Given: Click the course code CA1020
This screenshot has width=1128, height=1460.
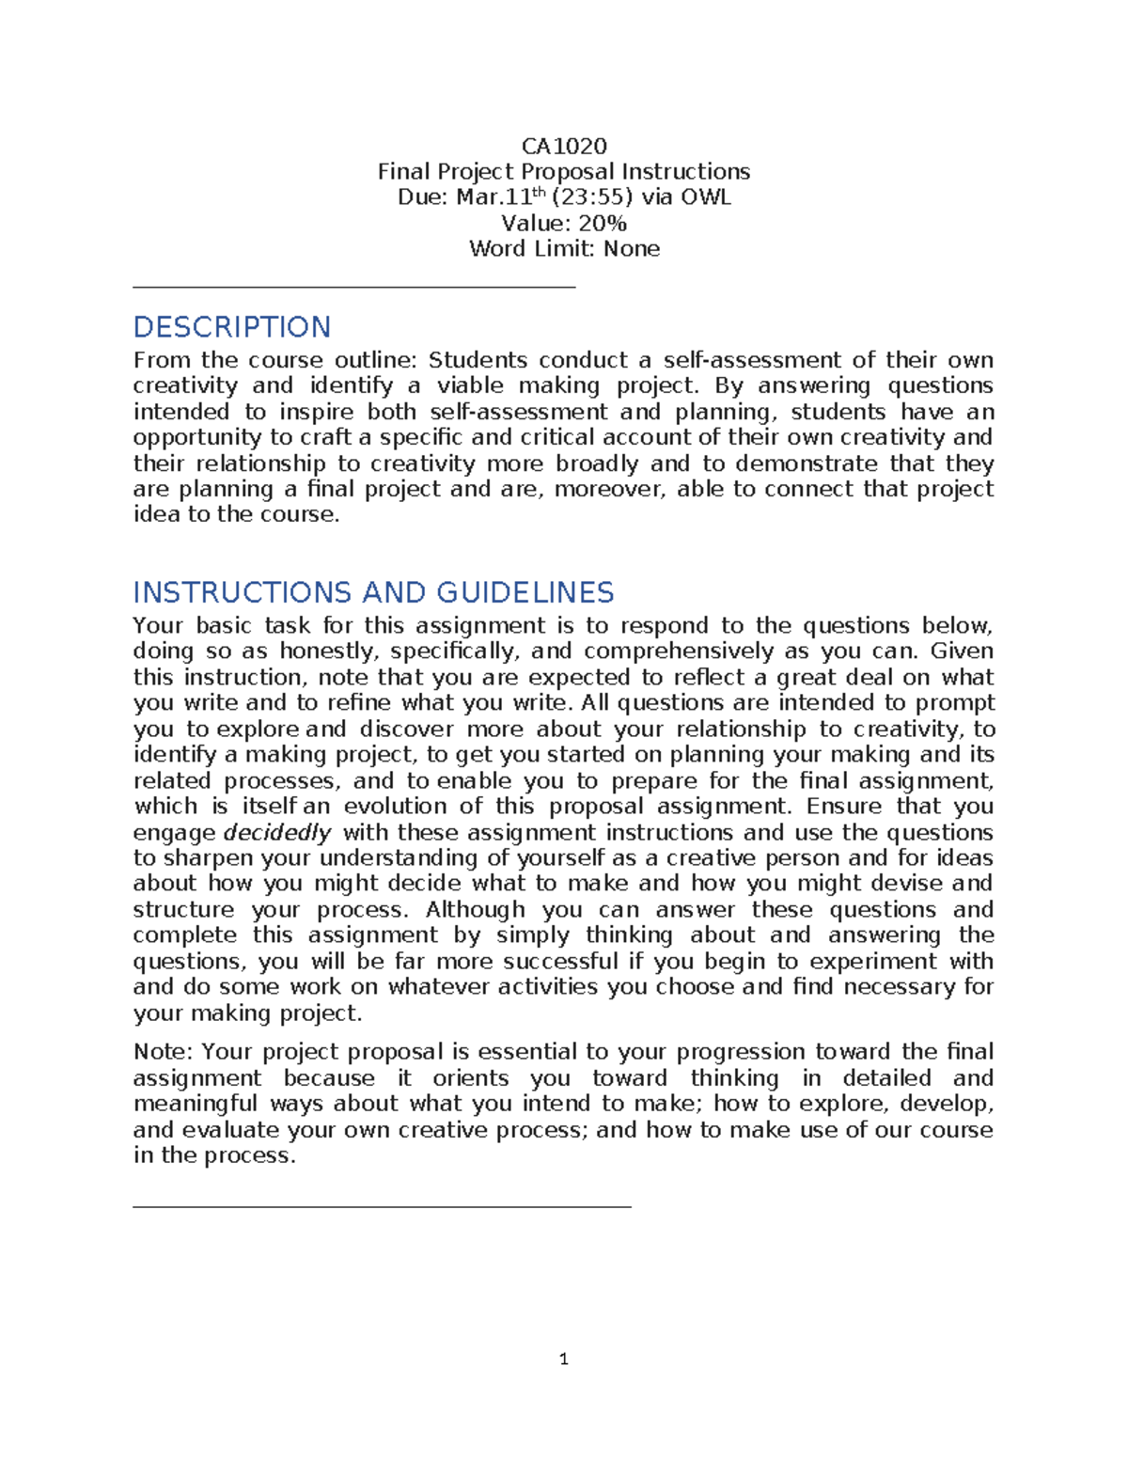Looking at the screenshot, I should click(x=564, y=146).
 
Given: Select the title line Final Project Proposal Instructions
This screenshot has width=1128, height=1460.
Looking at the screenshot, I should click(x=564, y=171).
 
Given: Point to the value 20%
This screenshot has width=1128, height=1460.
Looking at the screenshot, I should click(x=603, y=223).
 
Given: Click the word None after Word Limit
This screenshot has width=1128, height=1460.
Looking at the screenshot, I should click(x=632, y=249).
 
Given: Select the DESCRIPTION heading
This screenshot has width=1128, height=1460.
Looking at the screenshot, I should click(x=232, y=327).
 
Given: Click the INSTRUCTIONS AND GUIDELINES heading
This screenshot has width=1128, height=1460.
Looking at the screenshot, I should click(x=373, y=592).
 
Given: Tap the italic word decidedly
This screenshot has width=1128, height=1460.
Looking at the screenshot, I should click(x=277, y=833).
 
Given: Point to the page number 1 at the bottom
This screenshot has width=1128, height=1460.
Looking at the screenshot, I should click(x=563, y=1358).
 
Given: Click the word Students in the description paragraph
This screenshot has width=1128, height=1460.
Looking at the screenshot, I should click(x=478, y=360).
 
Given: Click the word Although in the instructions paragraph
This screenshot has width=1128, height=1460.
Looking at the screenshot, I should click(x=475, y=910).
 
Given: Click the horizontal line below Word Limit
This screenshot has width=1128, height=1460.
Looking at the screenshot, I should click(x=353, y=288).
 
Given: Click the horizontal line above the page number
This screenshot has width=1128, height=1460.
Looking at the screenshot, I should click(x=382, y=1206).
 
